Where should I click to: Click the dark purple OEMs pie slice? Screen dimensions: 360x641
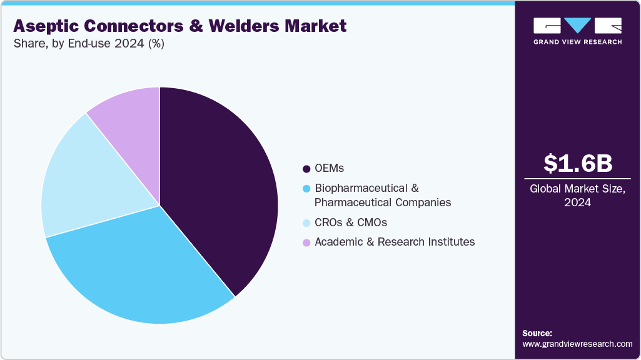(219, 187)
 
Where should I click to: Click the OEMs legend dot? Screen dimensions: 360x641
(306, 169)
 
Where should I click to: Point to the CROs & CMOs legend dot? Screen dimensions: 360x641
(306, 223)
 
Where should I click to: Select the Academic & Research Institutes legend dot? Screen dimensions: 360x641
(306, 242)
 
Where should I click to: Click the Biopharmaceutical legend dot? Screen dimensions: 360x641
(306, 188)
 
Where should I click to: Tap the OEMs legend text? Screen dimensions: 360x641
(329, 169)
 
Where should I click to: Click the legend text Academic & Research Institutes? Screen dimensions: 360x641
(395, 242)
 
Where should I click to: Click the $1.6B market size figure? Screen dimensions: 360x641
(577, 163)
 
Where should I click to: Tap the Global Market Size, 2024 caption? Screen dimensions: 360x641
(577, 195)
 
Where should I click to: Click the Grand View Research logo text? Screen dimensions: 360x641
(577, 42)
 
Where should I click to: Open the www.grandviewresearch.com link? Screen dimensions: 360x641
(577, 344)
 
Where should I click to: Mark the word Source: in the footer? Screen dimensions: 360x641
(537, 333)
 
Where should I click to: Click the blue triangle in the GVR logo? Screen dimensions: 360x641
(578, 25)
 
